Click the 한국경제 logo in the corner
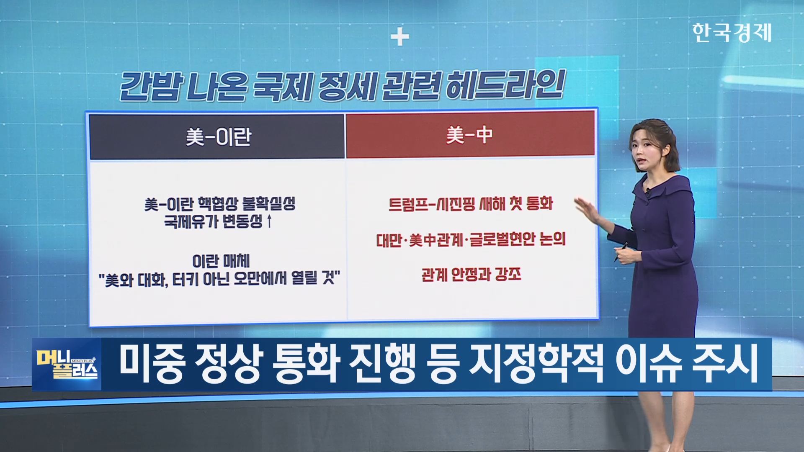tap(732, 32)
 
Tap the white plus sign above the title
tap(399, 37)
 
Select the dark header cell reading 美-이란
tap(217, 137)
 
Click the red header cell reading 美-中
tap(470, 135)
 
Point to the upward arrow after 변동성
tap(269, 221)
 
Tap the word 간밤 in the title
tap(151, 87)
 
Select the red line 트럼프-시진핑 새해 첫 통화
tap(471, 204)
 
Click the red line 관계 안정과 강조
tap(471, 275)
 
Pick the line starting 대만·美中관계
tap(471, 239)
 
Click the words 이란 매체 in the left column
tap(221, 261)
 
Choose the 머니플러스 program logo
tap(67, 364)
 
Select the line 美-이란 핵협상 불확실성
tap(220, 204)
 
